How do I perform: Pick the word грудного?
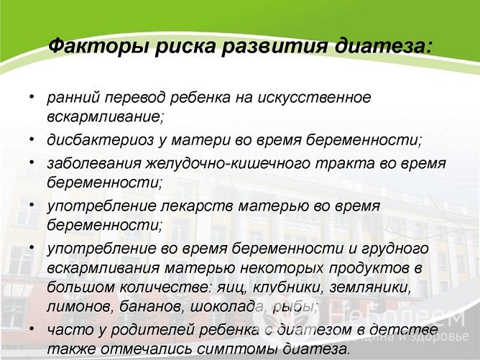click(395, 249)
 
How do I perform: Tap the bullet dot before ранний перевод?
click(31, 95)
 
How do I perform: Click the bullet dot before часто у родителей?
click(31, 328)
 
